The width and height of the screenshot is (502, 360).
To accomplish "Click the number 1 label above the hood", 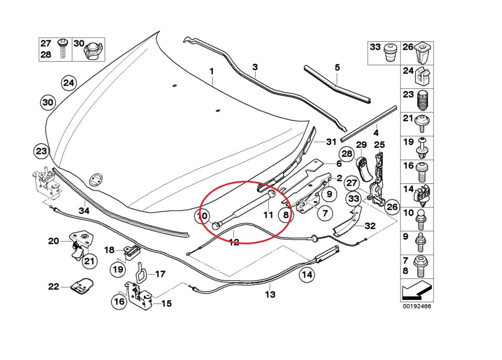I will pos(212,70).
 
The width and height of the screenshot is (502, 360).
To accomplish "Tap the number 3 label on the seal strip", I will pos(255,67).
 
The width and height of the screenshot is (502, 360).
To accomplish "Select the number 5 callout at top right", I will pos(337,67).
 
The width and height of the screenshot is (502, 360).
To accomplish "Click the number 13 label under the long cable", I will pos(269,295).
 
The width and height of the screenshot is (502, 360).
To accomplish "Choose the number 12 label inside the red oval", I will pos(234,242).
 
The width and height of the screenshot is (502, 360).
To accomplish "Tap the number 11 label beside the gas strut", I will pos(268,215).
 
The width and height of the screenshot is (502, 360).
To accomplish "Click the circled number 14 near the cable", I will pos(307,274).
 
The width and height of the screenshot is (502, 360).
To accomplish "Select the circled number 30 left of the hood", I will pos(48,102).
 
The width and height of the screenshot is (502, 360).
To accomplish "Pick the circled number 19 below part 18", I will pos(118,270).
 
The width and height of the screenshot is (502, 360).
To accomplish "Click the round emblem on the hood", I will pos(96,180).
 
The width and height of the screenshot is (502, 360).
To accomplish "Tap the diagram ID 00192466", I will pos(417,307).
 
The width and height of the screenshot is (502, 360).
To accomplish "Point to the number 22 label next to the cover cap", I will pos(54,286).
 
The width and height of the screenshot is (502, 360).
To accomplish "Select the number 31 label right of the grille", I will pos(331,142).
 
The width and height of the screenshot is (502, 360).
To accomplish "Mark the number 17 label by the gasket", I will pos(160,273).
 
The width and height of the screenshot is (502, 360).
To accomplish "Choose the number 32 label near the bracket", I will pos(370,226).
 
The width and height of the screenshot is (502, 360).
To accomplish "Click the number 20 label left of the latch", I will pos(54,241).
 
